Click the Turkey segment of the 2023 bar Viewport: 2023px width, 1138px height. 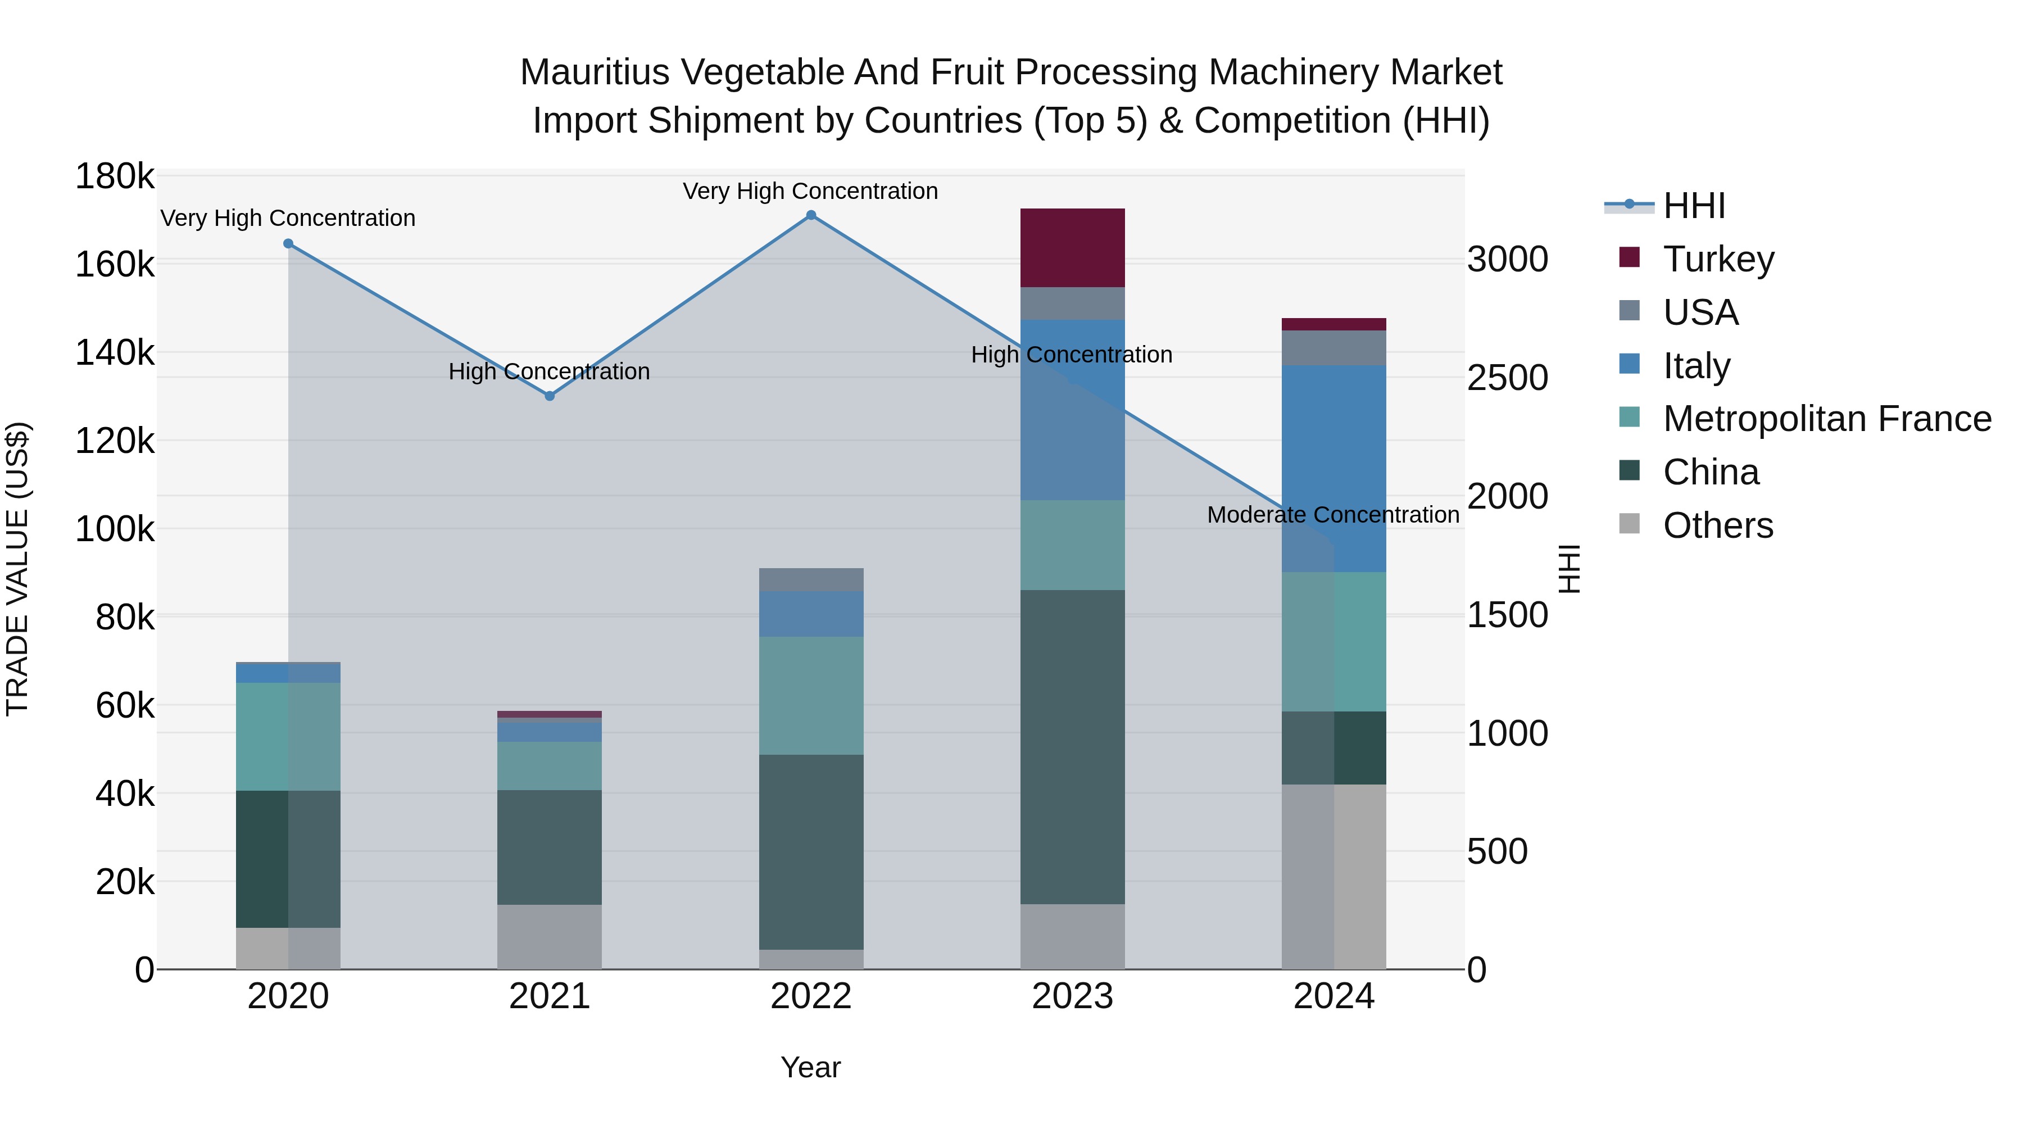[x=1072, y=247]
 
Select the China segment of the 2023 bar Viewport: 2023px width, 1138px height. [x=1072, y=746]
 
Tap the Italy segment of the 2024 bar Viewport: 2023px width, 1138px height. [x=1333, y=468]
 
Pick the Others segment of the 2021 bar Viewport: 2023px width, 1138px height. [x=549, y=936]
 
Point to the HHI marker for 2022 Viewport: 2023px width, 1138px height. [x=811, y=215]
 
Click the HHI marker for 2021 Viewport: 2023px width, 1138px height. [x=550, y=396]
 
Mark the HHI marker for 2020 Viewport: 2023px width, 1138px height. [x=288, y=243]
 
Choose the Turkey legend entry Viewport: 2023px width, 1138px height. [x=1718, y=259]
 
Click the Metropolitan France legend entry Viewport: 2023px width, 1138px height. [x=1827, y=419]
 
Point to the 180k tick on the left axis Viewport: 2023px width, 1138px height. [x=115, y=176]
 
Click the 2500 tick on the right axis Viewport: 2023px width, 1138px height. [x=1507, y=378]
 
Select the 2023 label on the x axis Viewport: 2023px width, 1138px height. [x=1072, y=996]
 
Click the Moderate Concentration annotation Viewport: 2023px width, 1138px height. [x=1333, y=515]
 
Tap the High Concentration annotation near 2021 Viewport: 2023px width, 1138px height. [x=549, y=371]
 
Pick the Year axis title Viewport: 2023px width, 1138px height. [x=810, y=1067]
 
